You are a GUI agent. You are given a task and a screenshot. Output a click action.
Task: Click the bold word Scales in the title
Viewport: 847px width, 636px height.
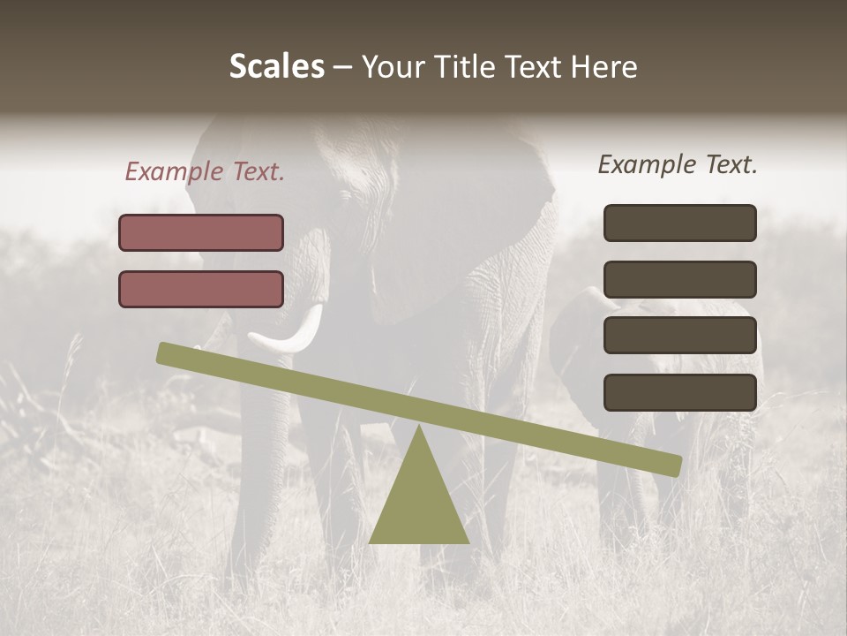tap(276, 67)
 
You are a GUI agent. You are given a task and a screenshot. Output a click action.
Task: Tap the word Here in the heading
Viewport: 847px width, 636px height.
tap(603, 67)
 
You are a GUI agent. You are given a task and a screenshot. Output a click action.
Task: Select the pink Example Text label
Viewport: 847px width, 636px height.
tap(205, 172)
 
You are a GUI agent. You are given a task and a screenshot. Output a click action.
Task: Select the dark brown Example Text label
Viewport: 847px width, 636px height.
tap(678, 164)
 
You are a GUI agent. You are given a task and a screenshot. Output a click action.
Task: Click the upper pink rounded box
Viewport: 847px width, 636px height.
tap(201, 232)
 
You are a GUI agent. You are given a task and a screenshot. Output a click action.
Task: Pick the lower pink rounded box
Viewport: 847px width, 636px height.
tap(201, 289)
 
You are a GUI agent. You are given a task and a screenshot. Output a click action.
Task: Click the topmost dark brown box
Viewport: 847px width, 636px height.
tap(679, 223)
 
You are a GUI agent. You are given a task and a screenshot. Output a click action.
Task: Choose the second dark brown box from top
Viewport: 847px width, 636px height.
tap(679, 279)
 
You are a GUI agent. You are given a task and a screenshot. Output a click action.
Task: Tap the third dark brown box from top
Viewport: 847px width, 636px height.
tap(679, 336)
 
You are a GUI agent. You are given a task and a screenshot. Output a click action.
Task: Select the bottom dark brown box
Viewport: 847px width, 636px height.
tap(679, 392)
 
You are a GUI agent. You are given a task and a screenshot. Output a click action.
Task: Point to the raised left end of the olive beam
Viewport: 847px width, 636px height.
tap(168, 353)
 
